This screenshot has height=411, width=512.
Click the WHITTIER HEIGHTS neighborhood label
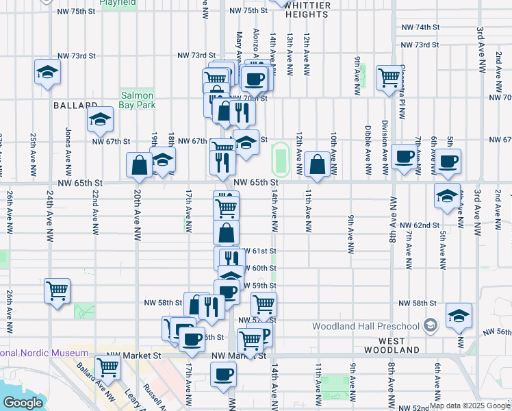pos(307,10)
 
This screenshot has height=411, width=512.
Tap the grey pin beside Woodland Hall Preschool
pos(430,324)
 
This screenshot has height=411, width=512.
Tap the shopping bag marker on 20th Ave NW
pos(139,164)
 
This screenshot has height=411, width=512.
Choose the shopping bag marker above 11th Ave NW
pos(318,164)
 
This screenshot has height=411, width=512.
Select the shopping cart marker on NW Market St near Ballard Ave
pos(108,367)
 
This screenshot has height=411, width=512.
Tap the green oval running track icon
pos(279,159)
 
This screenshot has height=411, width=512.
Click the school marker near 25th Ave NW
pos(48,71)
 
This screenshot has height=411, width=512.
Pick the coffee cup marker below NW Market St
pos(223,375)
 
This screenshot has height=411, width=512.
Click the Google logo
pos(22,403)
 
